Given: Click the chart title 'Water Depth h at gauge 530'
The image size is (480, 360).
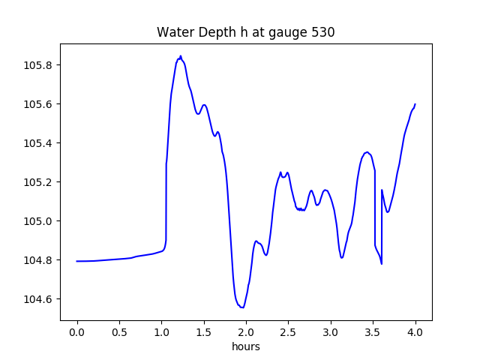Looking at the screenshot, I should pos(245,32).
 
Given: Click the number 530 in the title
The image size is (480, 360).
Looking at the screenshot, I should pos(324,32).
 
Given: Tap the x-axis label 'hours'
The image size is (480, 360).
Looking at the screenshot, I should pos(246,347).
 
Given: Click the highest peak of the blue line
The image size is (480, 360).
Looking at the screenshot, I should pos(180,56).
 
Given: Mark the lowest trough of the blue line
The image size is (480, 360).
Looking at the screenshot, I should pos(242,307).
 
